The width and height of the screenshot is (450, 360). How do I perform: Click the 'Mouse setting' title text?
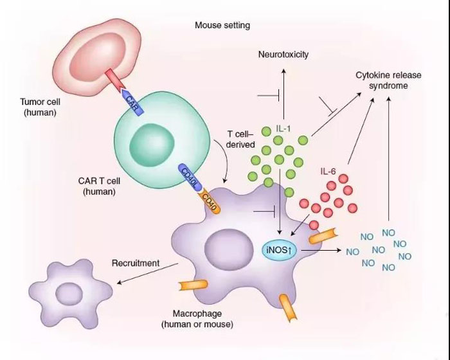(222, 26)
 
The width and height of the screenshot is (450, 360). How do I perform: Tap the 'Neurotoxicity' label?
(283, 55)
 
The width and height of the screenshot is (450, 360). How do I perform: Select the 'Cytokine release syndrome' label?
(388, 80)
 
